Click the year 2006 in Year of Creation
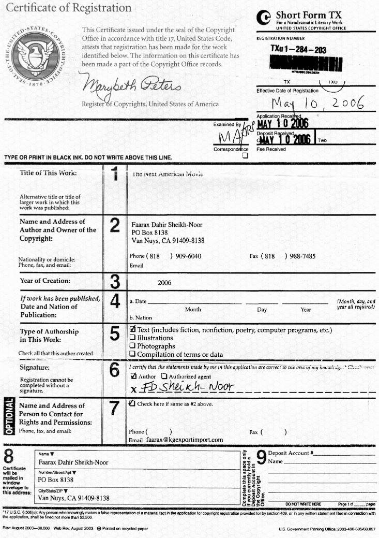(165, 283)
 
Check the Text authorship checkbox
(132, 330)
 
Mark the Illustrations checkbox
(132, 338)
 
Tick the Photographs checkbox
(132, 346)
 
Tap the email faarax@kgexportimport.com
(184, 440)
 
